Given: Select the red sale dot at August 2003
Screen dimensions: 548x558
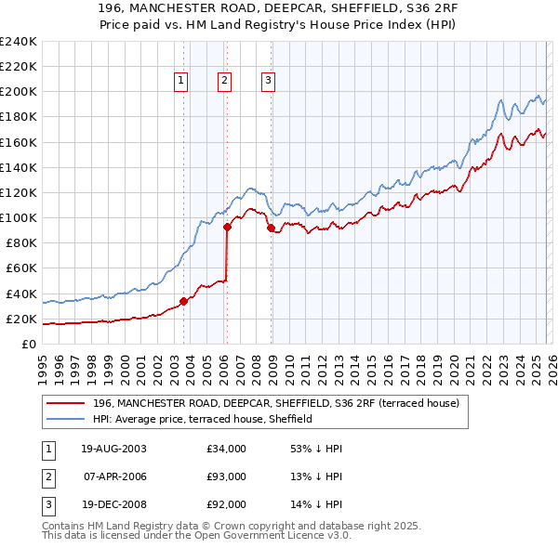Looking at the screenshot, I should (183, 301).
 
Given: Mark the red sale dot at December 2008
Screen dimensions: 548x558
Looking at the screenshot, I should (271, 228).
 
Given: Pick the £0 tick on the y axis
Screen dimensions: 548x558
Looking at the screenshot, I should (30, 344).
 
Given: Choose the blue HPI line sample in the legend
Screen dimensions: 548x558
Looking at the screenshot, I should (65, 419).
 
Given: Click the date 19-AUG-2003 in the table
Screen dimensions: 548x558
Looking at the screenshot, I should (113, 449).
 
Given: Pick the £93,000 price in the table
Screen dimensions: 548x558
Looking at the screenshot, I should (227, 476).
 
